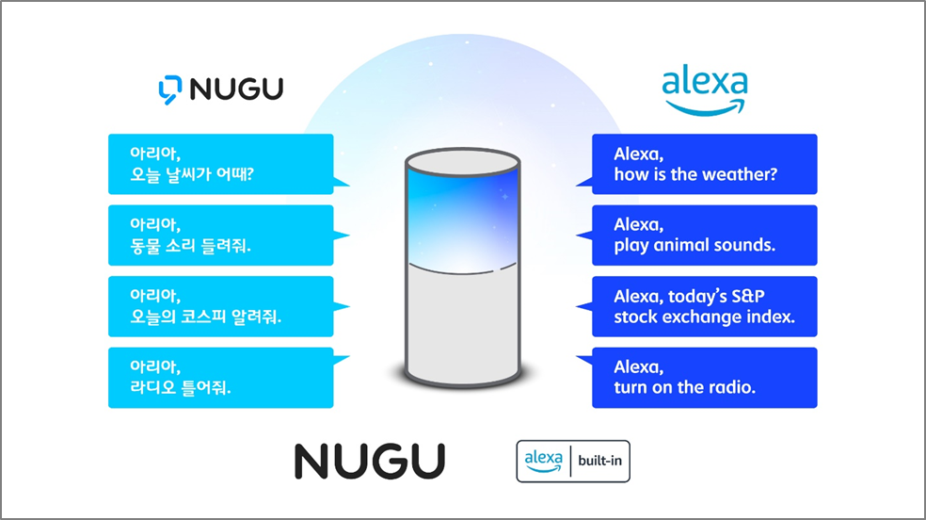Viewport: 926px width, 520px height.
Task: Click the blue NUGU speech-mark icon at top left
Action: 170,89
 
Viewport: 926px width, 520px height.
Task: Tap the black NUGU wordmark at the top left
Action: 236,89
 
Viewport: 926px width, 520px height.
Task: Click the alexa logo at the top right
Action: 705,91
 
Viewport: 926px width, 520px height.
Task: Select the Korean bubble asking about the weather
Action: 221,164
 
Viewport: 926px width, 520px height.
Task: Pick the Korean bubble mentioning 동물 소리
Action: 221,236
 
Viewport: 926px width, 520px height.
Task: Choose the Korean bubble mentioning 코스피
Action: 221,306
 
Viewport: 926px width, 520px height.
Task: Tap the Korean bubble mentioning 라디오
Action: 221,378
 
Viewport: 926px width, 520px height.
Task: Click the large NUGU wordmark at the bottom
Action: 370,461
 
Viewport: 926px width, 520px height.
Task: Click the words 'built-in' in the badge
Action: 600,461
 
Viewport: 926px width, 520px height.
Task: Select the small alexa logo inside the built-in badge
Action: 543,461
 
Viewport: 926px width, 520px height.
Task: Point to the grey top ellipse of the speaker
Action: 462,162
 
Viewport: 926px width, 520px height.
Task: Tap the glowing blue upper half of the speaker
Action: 462,221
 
